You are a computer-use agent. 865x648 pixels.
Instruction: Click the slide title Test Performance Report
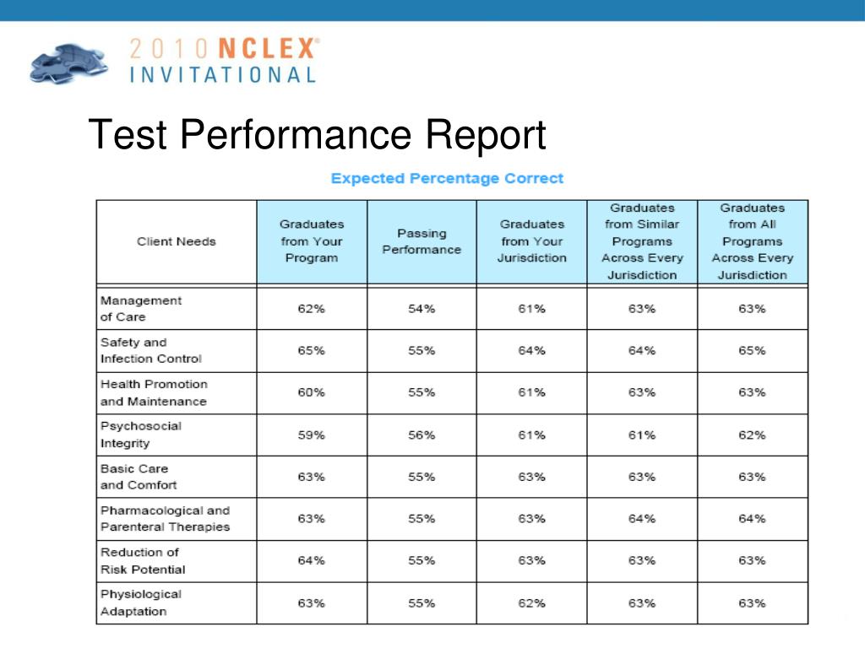click(x=317, y=135)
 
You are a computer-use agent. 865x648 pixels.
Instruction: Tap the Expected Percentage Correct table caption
click(x=447, y=178)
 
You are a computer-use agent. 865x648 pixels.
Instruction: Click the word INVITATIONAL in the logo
click(x=223, y=74)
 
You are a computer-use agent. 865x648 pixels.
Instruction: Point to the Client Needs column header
click(x=177, y=241)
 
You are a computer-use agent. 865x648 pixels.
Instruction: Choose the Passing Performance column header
click(x=422, y=241)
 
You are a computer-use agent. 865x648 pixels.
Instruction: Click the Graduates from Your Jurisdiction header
click(x=531, y=241)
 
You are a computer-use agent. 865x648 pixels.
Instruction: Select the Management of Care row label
click(x=141, y=309)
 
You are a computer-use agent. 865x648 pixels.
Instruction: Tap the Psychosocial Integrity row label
click(x=141, y=435)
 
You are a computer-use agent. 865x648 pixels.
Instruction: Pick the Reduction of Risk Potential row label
click(x=143, y=560)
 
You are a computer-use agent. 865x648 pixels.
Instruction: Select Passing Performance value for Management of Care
click(x=422, y=309)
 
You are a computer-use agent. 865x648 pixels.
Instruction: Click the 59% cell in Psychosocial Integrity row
click(x=311, y=435)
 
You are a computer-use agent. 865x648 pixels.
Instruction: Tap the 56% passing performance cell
click(x=422, y=435)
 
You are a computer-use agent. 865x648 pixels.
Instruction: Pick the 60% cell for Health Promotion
click(x=311, y=392)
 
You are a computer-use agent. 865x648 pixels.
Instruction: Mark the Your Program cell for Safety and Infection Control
click(x=311, y=351)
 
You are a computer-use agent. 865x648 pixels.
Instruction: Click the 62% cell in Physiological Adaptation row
click(x=531, y=603)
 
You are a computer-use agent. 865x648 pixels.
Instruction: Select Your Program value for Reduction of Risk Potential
click(x=311, y=561)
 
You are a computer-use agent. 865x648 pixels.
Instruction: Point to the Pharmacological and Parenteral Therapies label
click(x=165, y=518)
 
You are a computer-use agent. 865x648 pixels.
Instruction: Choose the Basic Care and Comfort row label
click(x=139, y=477)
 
